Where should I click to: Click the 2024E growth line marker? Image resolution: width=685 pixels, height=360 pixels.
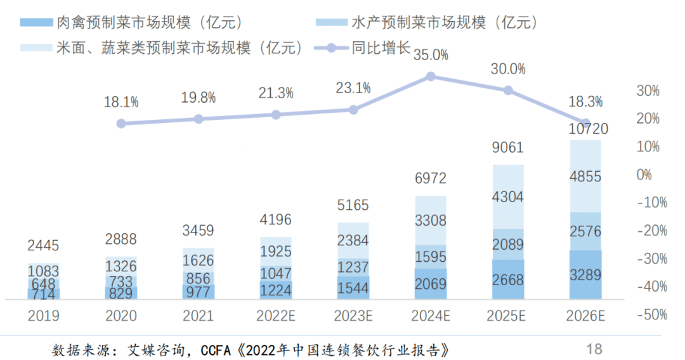[x=431, y=76]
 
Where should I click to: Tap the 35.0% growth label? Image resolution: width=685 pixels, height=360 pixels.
[x=431, y=55]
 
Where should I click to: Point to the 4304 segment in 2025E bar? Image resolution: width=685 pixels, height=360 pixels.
[x=508, y=197]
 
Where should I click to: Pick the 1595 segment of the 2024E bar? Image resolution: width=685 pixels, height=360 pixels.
[x=431, y=257]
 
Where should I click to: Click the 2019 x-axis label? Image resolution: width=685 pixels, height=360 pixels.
[x=43, y=316]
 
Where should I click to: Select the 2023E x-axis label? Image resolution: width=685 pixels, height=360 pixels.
[x=353, y=316]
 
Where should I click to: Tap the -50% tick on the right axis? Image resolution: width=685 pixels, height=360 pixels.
[x=651, y=314]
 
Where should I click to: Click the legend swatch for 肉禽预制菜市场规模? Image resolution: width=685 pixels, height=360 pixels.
[x=36, y=23]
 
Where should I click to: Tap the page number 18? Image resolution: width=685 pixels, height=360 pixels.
[x=594, y=348]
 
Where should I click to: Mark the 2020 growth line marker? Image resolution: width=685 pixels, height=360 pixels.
[x=121, y=123]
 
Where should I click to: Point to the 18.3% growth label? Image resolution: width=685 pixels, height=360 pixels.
[x=585, y=101]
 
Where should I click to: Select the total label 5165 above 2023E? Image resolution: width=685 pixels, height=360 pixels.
[x=353, y=205]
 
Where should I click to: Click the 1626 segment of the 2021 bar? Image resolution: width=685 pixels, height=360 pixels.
[x=198, y=259]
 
